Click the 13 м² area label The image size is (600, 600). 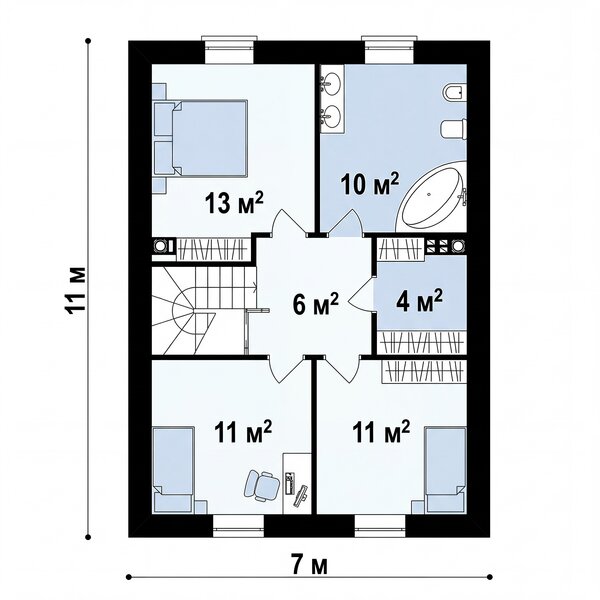235,202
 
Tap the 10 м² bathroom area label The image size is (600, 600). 370,184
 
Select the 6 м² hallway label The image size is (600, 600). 316,303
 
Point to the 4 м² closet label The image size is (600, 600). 420,300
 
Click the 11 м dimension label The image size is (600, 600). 75,290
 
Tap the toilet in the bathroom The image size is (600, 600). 454,129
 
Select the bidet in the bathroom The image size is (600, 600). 455,93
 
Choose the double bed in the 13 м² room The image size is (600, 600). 200,139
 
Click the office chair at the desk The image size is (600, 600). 262,484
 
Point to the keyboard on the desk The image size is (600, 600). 301,496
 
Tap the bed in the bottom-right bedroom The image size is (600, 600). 445,470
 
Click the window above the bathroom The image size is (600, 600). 389,49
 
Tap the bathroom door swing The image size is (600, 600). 346,222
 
